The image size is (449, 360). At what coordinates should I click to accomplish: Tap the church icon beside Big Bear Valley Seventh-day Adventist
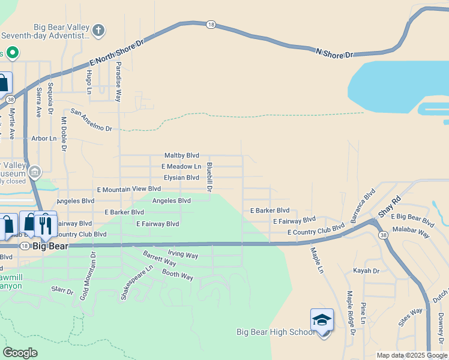pyautogui.click(x=99, y=29)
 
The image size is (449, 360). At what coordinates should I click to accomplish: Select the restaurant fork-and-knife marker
pyautogui.click(x=44, y=225)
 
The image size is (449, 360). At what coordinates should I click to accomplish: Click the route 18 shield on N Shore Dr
pyautogui.click(x=210, y=24)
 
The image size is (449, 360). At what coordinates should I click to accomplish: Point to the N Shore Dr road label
pyautogui.click(x=334, y=53)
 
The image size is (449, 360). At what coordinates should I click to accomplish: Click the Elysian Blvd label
pyautogui.click(x=181, y=178)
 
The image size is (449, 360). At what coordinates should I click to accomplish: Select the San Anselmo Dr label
pyautogui.click(x=91, y=120)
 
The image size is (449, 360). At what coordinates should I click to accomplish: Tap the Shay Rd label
pyautogui.click(x=389, y=207)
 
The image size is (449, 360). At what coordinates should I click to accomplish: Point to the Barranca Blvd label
pyautogui.click(x=363, y=206)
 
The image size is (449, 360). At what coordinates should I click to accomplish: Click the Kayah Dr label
pyautogui.click(x=366, y=271)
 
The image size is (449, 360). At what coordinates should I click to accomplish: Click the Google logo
pyautogui.click(x=20, y=353)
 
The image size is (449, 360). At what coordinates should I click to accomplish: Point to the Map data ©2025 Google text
pyautogui.click(x=411, y=355)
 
